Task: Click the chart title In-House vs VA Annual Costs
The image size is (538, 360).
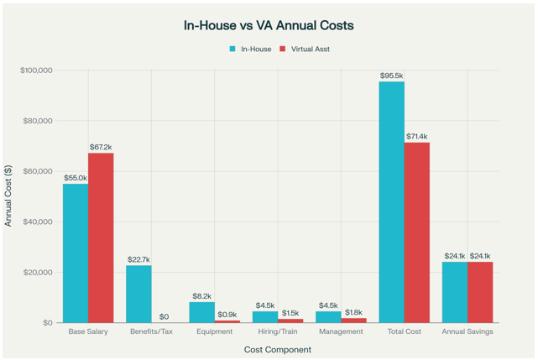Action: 269,25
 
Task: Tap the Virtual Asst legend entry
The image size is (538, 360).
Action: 310,50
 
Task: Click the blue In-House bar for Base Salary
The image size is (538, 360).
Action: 76,253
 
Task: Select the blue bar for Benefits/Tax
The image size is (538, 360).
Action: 138,294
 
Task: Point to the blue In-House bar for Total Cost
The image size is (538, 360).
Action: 391,201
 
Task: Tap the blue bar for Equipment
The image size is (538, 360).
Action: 202,312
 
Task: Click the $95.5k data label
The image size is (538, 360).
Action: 391,76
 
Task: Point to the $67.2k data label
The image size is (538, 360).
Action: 101,148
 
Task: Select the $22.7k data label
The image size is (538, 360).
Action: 138,260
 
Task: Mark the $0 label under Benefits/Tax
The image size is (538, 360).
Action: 164,317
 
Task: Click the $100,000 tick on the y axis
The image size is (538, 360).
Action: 36,70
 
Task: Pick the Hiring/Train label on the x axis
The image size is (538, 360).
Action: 278,332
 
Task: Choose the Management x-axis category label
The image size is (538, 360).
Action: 341,332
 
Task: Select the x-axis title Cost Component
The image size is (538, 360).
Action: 278,349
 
